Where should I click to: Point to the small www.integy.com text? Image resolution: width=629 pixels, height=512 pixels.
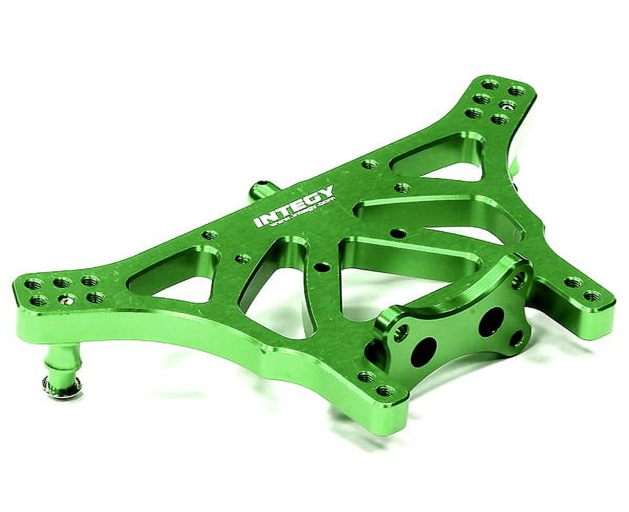304,214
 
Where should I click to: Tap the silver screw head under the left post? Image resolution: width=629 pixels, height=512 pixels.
62,386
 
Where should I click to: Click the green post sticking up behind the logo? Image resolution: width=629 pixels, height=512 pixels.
261,190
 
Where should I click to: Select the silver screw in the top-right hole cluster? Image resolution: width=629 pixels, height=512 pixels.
507,105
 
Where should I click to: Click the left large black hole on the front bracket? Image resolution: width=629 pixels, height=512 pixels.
424,351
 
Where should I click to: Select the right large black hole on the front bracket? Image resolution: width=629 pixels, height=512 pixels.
491,321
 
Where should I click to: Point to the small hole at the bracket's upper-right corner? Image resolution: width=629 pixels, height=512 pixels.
518,280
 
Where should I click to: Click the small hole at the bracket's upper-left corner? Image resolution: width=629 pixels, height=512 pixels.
401,331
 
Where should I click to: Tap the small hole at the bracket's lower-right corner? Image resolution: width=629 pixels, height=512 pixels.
516,339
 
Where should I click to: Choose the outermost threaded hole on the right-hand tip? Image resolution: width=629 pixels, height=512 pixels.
593,296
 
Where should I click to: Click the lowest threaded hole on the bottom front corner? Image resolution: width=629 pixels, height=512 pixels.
385,391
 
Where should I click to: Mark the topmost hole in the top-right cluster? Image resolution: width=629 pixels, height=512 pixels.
491,84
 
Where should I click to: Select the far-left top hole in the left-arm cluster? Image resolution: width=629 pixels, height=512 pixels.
34,284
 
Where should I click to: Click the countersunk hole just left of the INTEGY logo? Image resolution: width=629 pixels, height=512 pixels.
210,235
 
